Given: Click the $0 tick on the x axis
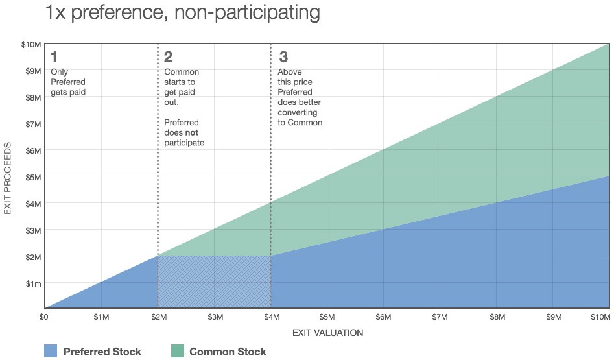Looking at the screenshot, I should [44, 317].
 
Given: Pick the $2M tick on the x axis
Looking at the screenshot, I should [158, 317].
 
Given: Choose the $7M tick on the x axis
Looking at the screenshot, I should [440, 317].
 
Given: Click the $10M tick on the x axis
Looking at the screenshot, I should [600, 317].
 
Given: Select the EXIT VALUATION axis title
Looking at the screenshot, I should [327, 333].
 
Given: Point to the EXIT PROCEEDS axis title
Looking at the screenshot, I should [8, 176].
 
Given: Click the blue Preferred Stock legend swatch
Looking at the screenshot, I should [51, 351].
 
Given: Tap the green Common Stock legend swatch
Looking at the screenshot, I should [177, 351].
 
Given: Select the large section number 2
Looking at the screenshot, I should [169, 56].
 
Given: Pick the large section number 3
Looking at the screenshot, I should [282, 56].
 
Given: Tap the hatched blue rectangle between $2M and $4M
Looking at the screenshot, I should [215, 282].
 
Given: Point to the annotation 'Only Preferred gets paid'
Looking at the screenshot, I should [68, 82].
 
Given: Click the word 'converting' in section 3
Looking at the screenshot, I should [296, 112].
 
